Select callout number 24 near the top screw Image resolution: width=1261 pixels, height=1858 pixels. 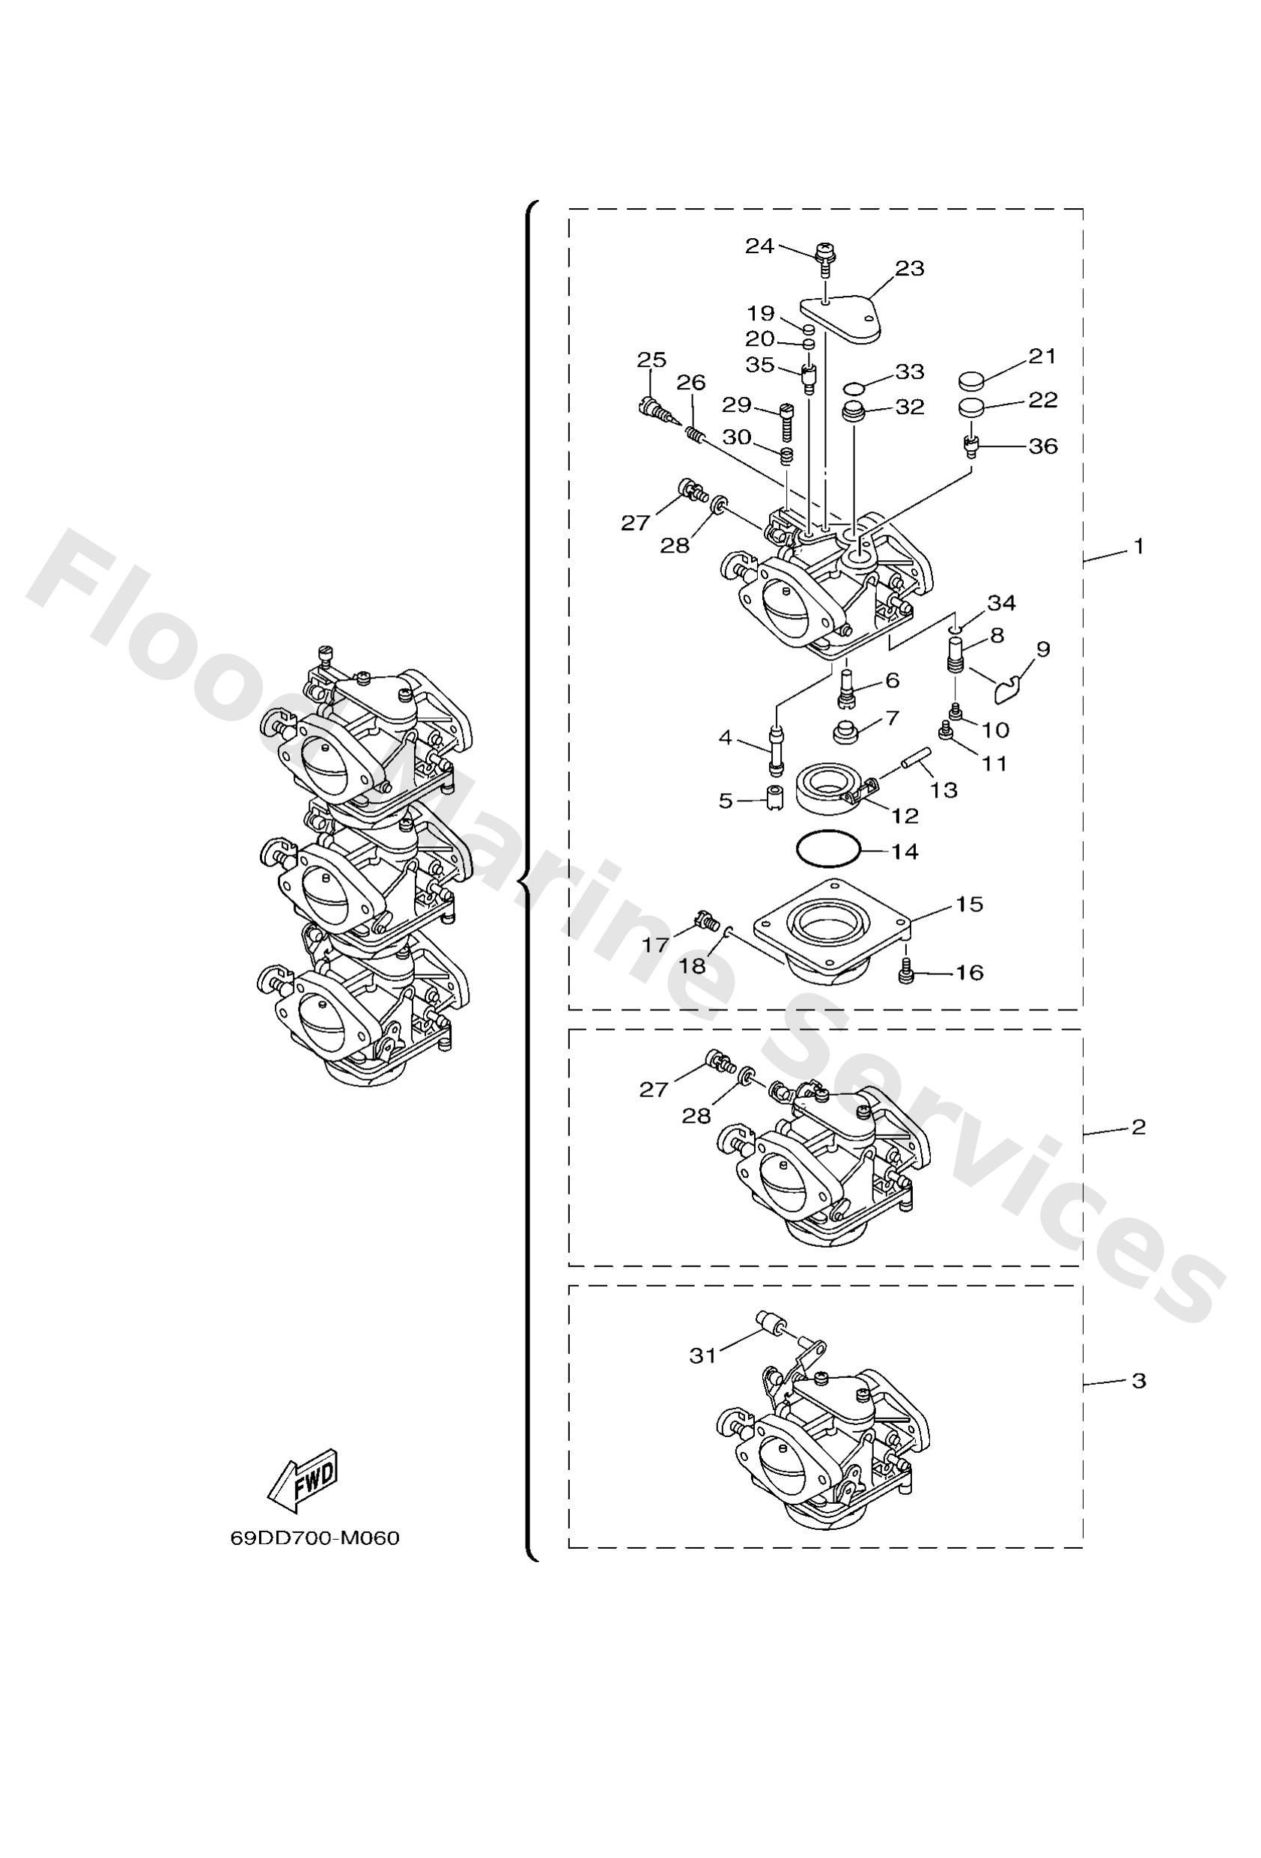pos(759,246)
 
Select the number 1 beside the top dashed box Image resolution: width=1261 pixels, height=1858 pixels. pos(1139,547)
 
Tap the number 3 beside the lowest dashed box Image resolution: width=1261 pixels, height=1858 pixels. pos(1139,1381)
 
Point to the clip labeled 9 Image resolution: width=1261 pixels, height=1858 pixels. pos(1009,688)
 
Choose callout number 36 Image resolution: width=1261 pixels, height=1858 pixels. pos(1042,446)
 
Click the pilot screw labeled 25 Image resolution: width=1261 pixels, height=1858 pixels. pos(651,410)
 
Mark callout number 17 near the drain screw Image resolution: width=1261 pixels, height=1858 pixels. pos(655,945)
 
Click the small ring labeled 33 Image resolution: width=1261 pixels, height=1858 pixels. pos(854,389)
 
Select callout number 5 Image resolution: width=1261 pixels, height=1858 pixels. pos(726,801)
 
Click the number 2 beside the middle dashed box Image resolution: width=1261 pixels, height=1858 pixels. pos(1139,1126)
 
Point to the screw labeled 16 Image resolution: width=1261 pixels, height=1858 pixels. pos(905,974)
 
